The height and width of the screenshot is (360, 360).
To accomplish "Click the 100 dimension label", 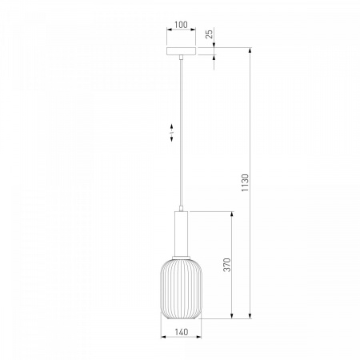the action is pos(181,25).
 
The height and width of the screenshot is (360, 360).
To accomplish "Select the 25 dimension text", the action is pos(210,34).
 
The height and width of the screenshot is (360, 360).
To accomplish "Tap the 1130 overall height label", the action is pos(245,182).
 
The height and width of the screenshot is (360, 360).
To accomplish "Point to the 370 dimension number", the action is pos(226,265).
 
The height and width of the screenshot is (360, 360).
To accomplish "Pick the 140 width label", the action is pos(182,332).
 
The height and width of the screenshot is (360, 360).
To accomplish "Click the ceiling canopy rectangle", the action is pos(181,51).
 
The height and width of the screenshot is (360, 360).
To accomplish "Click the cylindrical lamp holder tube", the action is pos(181,234).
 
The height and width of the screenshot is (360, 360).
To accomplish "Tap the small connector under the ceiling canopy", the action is pos(181,57).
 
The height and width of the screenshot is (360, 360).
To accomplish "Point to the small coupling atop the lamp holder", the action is pos(181,209).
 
